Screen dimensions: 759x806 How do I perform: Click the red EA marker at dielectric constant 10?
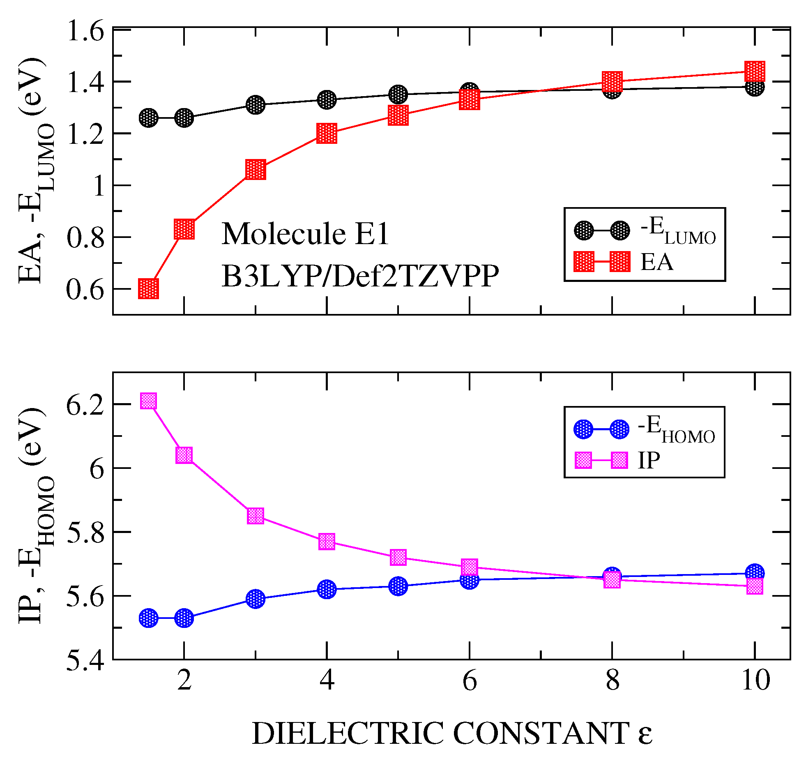[x=755, y=72]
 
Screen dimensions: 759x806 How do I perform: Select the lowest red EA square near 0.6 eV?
[x=148, y=289]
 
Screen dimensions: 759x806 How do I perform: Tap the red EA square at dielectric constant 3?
[x=255, y=170]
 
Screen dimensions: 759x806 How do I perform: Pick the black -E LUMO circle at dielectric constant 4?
[x=327, y=99]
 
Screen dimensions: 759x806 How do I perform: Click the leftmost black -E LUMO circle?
[x=148, y=118]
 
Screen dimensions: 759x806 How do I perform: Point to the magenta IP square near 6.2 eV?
[x=148, y=401]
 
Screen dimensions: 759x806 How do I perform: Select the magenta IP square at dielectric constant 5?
[x=398, y=557]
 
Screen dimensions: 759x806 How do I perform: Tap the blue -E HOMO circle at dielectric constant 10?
[x=755, y=573]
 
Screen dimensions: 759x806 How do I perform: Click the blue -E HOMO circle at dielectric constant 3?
[x=255, y=599]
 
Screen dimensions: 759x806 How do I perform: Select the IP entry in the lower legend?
[x=649, y=460]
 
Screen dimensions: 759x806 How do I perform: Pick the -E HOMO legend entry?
[x=676, y=429]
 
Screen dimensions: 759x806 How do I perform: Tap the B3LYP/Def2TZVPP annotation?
[x=360, y=276]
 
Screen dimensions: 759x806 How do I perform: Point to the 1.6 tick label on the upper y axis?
[x=85, y=31]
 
